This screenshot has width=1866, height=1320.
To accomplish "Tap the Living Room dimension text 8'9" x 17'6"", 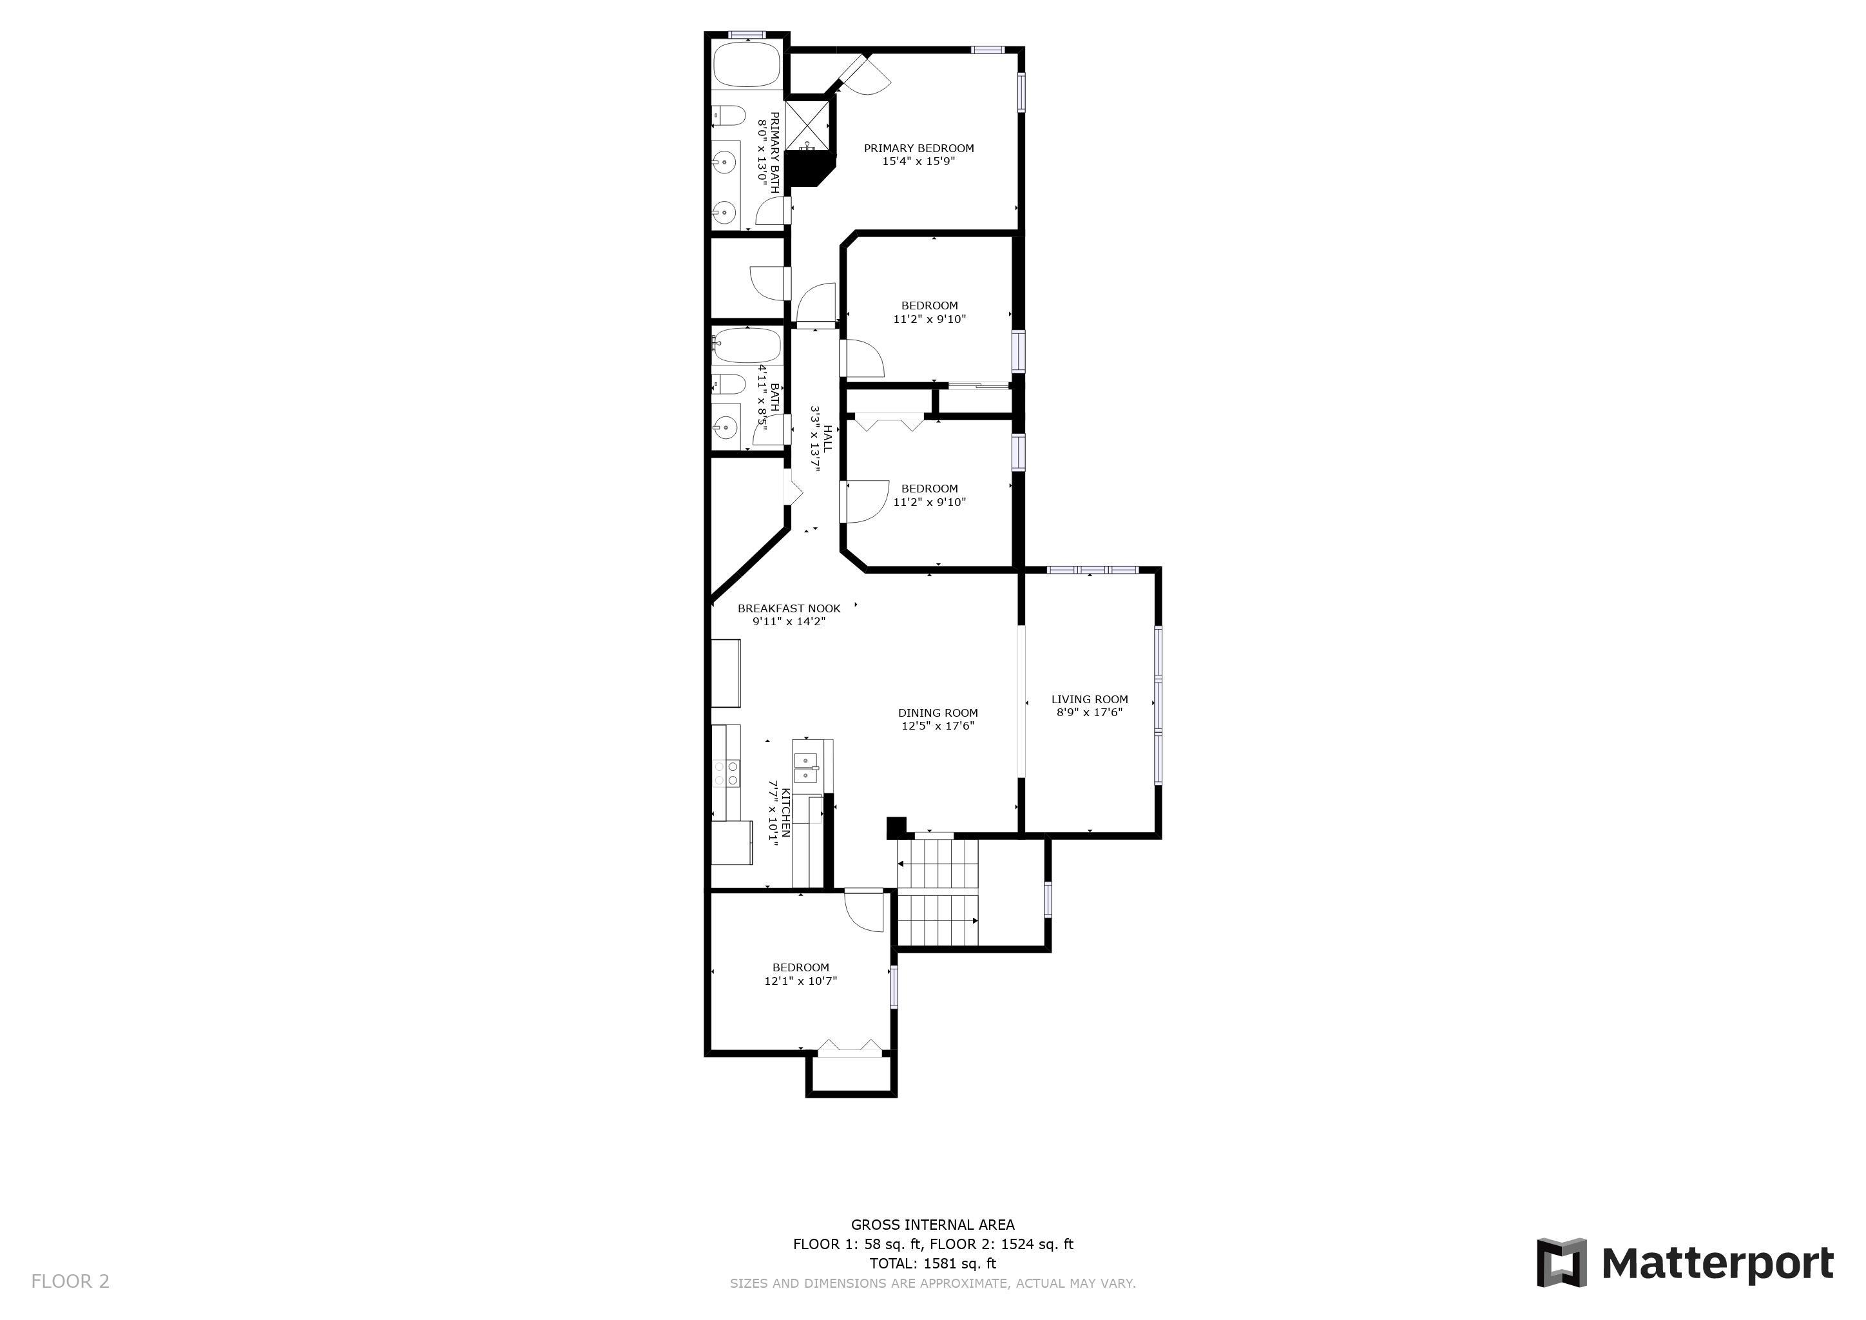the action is click(1089, 712).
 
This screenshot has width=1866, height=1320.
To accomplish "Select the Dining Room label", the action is click(938, 713).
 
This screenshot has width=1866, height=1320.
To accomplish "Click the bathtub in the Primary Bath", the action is click(747, 64).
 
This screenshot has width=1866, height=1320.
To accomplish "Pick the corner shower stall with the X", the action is click(809, 124).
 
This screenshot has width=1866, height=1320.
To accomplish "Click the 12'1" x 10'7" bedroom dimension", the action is click(800, 980).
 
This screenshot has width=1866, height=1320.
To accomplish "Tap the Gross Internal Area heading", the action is click(932, 1224).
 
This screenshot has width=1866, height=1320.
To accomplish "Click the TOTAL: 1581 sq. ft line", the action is click(932, 1263).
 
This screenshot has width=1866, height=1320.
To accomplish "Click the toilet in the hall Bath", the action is click(728, 383).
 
